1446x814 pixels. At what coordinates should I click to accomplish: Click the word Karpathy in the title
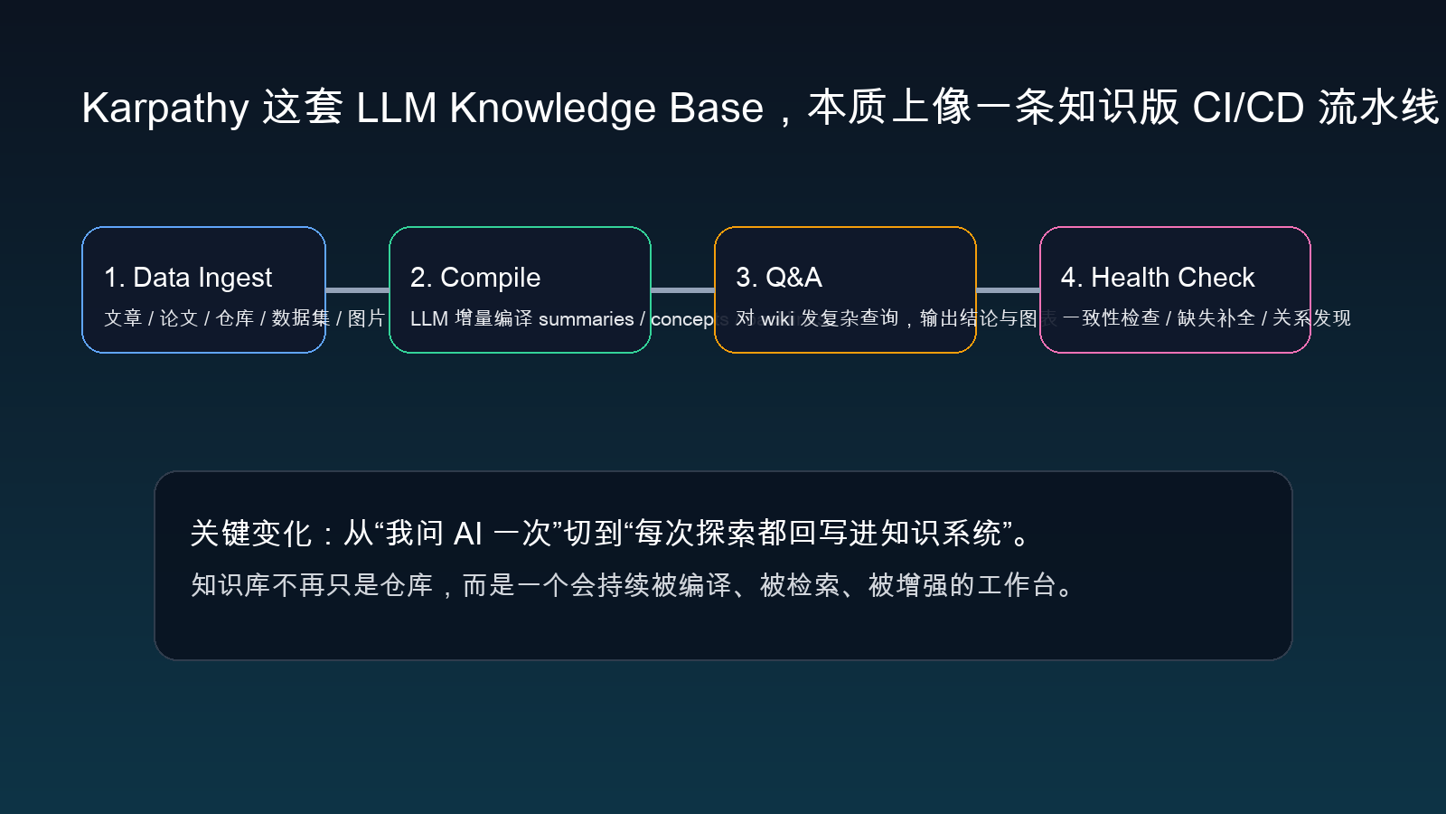pos(164,109)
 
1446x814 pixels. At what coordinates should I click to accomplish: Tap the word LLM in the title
pos(396,109)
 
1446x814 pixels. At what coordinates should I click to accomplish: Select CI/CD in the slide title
pos(1248,109)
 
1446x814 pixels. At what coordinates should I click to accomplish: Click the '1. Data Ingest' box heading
pos(188,278)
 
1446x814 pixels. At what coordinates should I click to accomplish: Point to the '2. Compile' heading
pos(475,278)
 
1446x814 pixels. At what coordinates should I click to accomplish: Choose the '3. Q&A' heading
pos(779,278)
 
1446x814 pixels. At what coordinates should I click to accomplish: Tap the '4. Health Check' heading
pos(1158,278)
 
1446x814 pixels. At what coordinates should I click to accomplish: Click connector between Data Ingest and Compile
pos(357,290)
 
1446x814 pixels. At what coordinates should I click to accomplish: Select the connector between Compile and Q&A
pos(682,290)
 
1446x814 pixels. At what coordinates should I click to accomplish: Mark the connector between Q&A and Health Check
pos(1008,290)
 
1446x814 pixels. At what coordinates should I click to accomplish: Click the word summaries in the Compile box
pos(586,319)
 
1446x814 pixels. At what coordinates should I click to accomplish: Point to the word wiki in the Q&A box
pos(777,319)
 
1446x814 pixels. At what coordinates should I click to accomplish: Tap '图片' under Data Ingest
pos(366,318)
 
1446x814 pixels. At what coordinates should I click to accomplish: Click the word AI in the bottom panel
pos(467,534)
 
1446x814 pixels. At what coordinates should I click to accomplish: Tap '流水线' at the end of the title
pos(1378,109)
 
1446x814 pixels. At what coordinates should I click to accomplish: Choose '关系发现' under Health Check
pos(1311,318)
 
